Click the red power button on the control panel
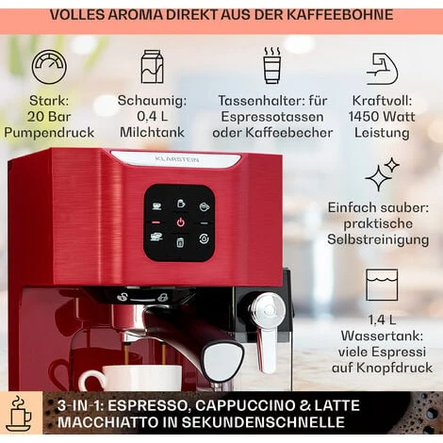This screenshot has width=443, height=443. click(179, 222)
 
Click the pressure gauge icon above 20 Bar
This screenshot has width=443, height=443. click(49, 67)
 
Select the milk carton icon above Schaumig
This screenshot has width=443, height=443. click(152, 67)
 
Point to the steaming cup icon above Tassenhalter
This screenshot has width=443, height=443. click(272, 66)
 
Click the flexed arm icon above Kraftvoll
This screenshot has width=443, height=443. click(383, 68)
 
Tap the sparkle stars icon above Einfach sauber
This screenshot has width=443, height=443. click(382, 175)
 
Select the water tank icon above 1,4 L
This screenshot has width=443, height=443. click(382, 285)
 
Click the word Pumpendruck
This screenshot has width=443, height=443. click(49, 133)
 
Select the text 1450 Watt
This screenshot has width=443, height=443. click(382, 116)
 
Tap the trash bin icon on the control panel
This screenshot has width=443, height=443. click(179, 242)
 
